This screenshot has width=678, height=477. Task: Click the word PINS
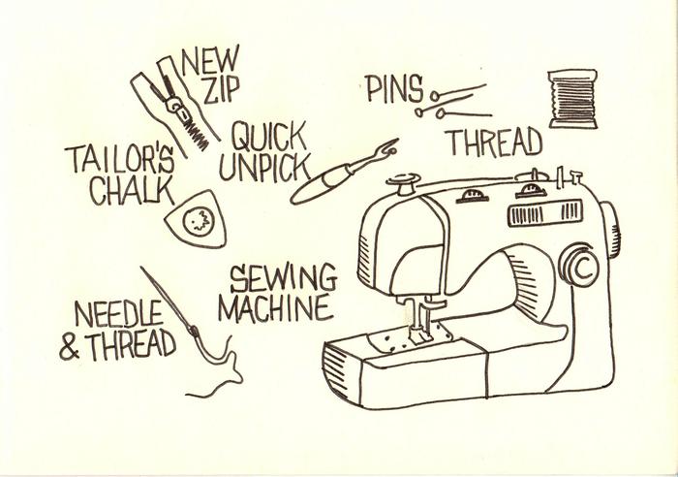(x=394, y=89)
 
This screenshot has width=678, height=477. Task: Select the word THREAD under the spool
(x=493, y=143)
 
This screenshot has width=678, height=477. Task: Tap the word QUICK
(x=269, y=136)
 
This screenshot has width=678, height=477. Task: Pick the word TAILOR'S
(x=120, y=158)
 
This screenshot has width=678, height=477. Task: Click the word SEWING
(x=283, y=278)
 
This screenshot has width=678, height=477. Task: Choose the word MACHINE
(x=275, y=309)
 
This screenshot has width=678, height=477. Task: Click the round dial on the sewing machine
(x=580, y=269)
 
